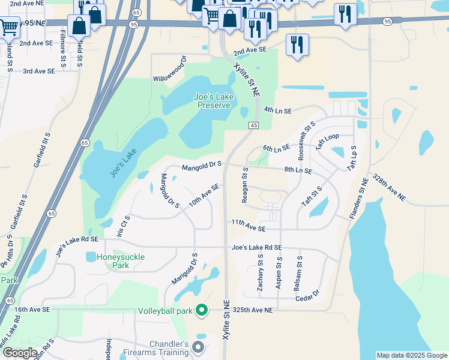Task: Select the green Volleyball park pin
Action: click(202, 311)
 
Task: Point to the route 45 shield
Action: click(253, 124)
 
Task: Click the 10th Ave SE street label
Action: click(204, 196)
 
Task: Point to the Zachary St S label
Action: click(261, 273)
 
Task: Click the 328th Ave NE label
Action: click(390, 188)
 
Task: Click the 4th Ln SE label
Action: click(277, 111)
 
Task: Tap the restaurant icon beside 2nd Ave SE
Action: click(297, 45)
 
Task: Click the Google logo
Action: click(19, 353)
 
